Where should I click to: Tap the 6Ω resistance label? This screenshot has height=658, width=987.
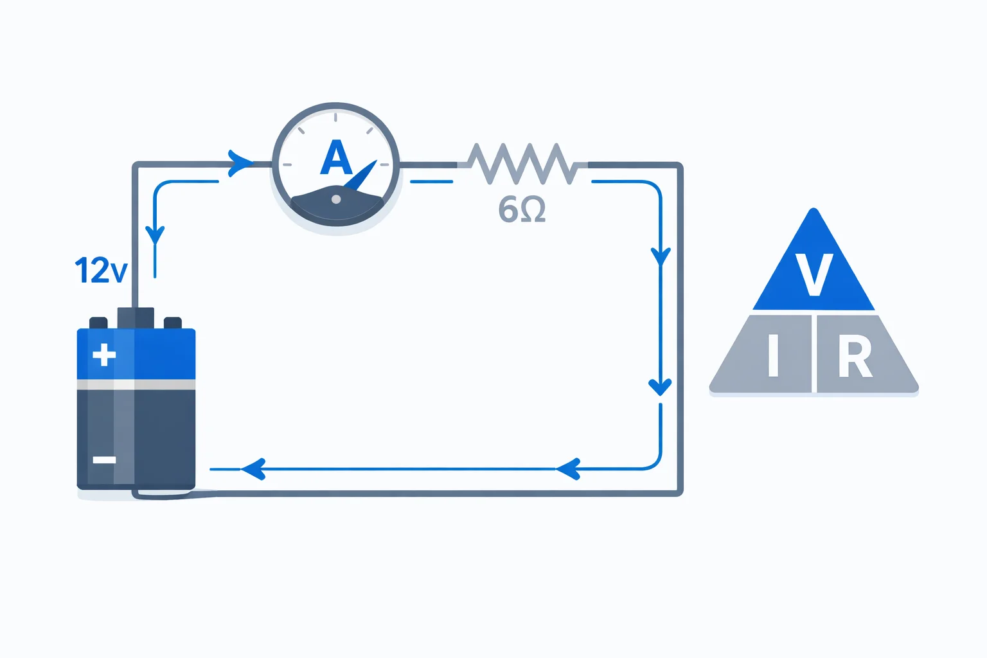tap(522, 209)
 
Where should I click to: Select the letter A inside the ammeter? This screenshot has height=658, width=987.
tap(336, 158)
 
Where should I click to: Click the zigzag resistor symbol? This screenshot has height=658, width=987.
tap(522, 164)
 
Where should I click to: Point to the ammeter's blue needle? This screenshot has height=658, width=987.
tap(361, 175)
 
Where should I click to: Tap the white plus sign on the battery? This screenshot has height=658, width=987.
tap(104, 354)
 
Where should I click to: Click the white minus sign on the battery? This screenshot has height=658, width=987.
tap(104, 459)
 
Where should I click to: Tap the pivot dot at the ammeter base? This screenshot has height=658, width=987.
tap(335, 200)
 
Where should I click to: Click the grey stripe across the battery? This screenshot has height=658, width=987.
tap(136, 384)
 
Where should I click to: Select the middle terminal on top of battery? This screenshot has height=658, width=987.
tap(136, 317)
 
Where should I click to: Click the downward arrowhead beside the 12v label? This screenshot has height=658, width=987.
tap(156, 235)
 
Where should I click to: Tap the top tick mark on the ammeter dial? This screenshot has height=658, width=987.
tap(335, 117)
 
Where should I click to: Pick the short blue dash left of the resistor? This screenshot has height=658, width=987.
tap(431, 182)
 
